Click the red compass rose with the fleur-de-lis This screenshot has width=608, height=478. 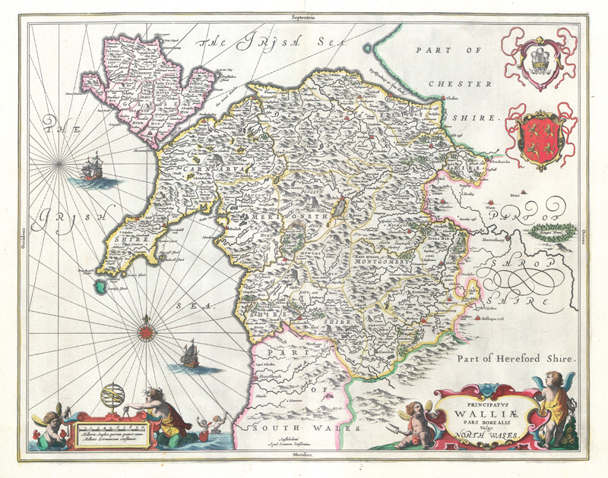click(x=146, y=332)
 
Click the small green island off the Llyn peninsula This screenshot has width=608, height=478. click(x=97, y=286)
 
